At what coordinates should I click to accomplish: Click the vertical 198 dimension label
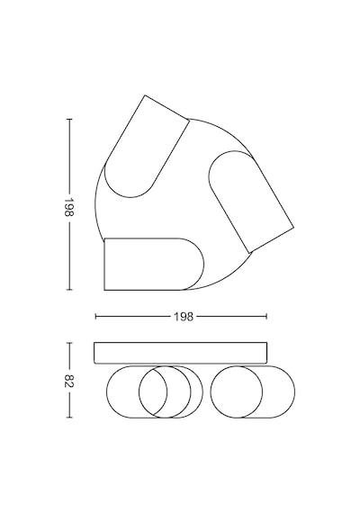tap(69, 207)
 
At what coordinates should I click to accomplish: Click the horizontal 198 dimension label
tap(184, 317)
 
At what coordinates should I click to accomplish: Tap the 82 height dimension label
tap(69, 381)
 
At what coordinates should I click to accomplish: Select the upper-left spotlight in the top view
tap(146, 147)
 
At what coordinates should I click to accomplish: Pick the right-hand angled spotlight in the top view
tap(251, 202)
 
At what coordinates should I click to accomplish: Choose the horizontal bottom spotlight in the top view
tap(154, 264)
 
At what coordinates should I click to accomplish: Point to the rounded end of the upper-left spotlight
tap(130, 193)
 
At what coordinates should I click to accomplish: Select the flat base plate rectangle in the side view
tap(180, 353)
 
